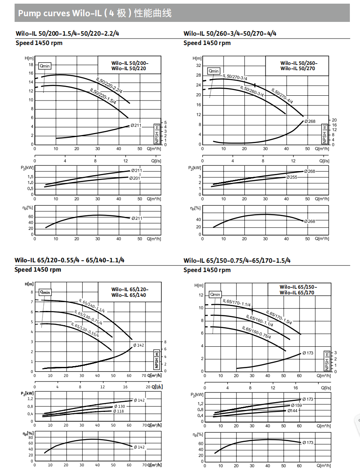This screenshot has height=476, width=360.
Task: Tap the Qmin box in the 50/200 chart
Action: pos(45,66)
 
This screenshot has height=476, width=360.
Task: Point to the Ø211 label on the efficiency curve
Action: pos(136,218)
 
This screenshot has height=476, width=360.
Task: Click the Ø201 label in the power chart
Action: pos(135,178)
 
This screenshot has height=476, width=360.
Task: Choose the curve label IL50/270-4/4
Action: pos(282,96)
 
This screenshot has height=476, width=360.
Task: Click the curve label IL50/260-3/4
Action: pos(252,91)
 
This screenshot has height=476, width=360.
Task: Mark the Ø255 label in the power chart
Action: pos(291,177)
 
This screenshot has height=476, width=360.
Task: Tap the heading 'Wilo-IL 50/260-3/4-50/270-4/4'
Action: pos(230,34)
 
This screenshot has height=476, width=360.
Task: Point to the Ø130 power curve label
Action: pos(120,406)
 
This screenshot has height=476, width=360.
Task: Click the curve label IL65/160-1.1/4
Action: pos(259,321)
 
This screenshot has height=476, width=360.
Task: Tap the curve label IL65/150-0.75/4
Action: pos(256,332)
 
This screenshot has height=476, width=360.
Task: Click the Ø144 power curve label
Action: pos(292,411)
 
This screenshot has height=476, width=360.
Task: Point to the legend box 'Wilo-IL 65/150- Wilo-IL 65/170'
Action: pos(298,289)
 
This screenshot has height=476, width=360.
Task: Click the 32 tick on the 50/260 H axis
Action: pos(199,65)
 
